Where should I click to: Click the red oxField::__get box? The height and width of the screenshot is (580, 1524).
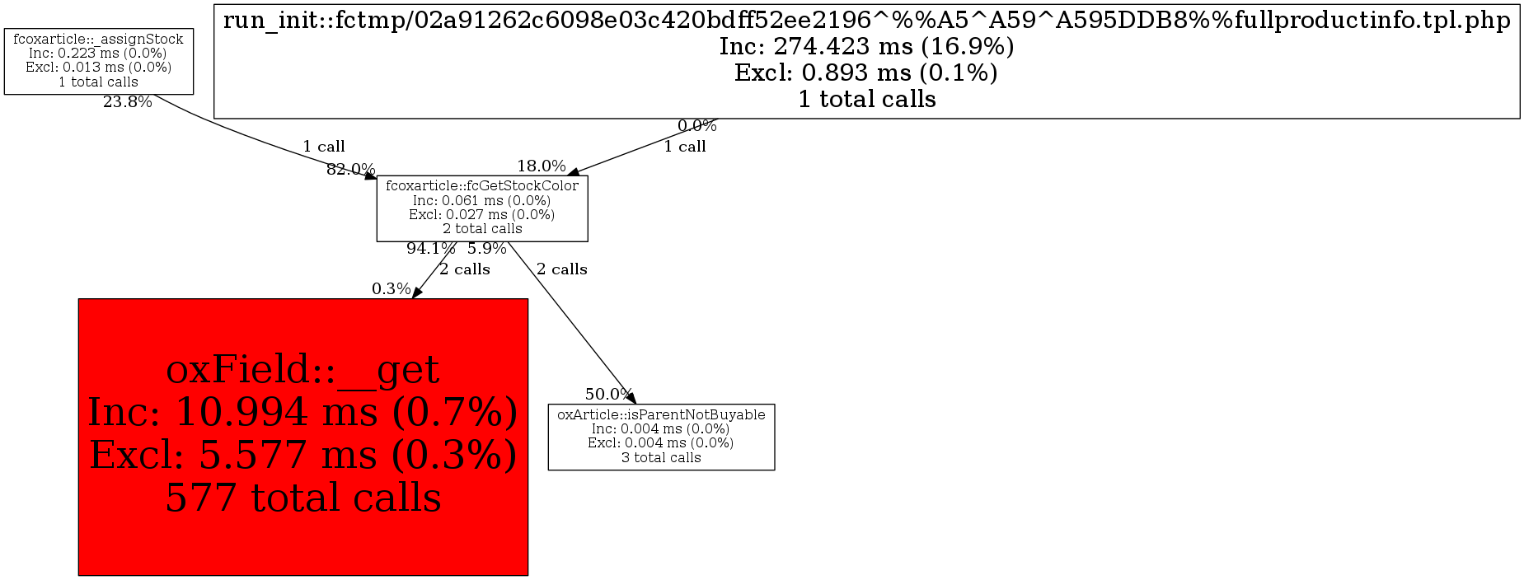tap(302, 437)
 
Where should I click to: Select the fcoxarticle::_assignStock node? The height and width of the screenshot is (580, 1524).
tap(98, 61)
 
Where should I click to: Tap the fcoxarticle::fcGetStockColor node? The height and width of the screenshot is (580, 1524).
tap(482, 208)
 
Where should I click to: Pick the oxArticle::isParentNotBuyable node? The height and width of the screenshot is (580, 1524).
tap(661, 437)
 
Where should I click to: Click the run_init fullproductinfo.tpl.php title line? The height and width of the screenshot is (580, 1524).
tap(866, 20)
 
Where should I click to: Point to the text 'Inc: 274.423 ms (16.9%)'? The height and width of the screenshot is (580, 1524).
tap(866, 46)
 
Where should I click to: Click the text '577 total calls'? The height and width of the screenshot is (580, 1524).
tap(303, 498)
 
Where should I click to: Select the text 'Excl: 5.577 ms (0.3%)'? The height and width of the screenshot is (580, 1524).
tap(303, 454)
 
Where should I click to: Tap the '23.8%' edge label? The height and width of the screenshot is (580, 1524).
tap(127, 103)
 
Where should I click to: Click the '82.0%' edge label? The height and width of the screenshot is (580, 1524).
tap(350, 170)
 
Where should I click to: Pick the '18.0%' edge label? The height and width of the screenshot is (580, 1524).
tap(541, 166)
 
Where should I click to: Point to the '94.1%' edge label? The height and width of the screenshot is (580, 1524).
tap(430, 248)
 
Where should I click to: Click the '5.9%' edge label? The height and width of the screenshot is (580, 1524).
tap(486, 248)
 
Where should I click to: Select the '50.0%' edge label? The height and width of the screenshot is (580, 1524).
tap(608, 394)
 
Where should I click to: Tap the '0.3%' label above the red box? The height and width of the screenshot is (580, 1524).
tap(391, 289)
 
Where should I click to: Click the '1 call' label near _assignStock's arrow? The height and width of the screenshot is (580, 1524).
tap(324, 147)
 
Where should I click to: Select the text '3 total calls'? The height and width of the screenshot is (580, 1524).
tap(661, 458)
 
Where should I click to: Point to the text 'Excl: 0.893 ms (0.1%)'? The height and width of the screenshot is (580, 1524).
tap(866, 72)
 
